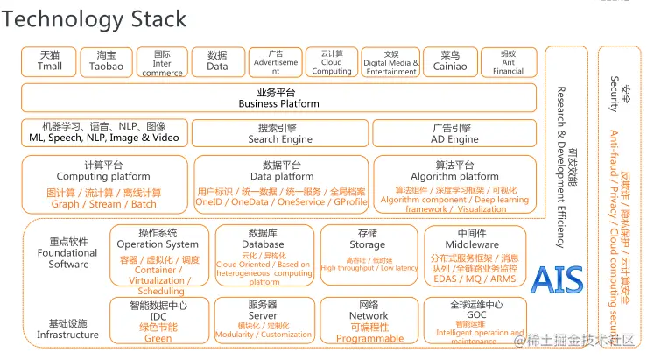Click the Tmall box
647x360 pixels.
pos(50,61)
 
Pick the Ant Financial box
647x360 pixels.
pos(508,61)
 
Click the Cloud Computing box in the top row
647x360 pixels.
pos(332,61)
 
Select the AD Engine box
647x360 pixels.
pos(454,133)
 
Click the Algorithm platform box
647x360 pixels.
pos(454,184)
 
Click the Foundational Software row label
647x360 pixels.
pos(67,253)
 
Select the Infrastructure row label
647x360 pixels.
pos(67,328)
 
